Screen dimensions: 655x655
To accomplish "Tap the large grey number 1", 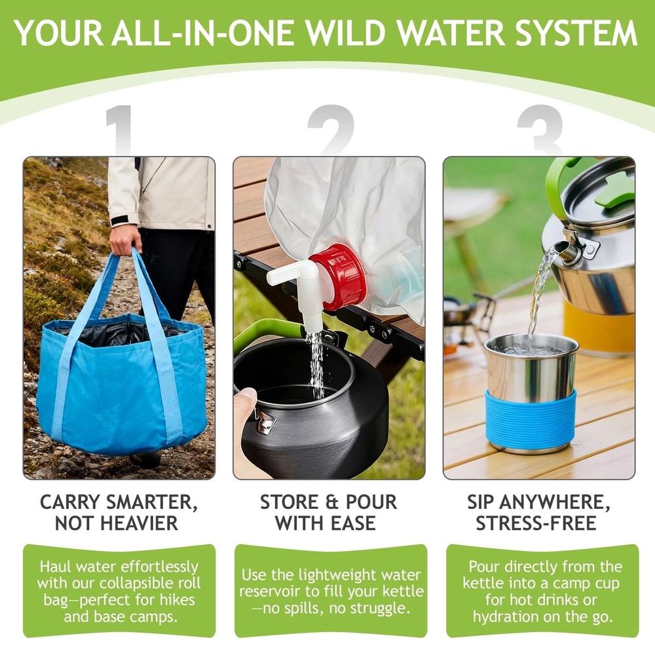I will [121, 131].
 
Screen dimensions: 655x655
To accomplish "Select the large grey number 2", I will [331, 131].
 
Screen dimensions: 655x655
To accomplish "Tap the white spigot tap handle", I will [288, 271].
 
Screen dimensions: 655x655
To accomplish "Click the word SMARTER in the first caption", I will [151, 502].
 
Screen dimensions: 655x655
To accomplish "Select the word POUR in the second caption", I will [365, 502].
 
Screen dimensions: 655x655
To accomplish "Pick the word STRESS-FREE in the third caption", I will [536, 524].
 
